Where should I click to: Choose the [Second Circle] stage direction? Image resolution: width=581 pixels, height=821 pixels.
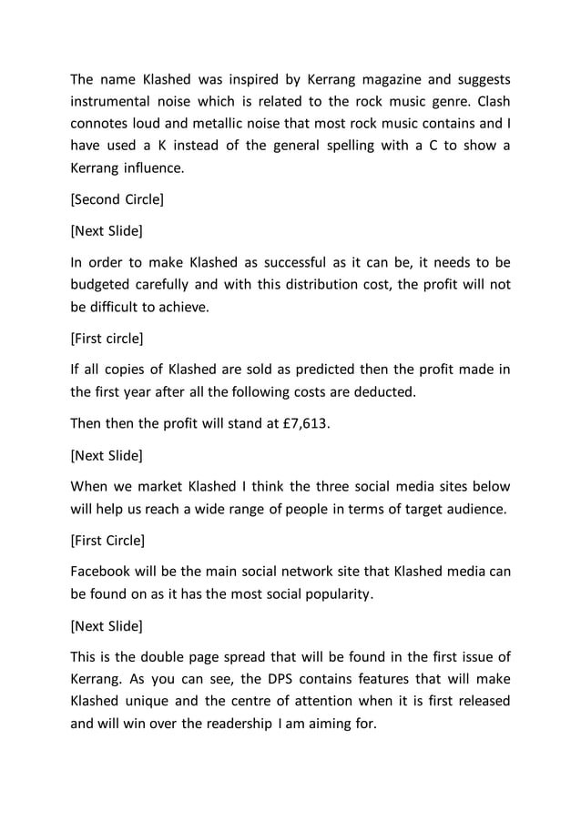point(117,197)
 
